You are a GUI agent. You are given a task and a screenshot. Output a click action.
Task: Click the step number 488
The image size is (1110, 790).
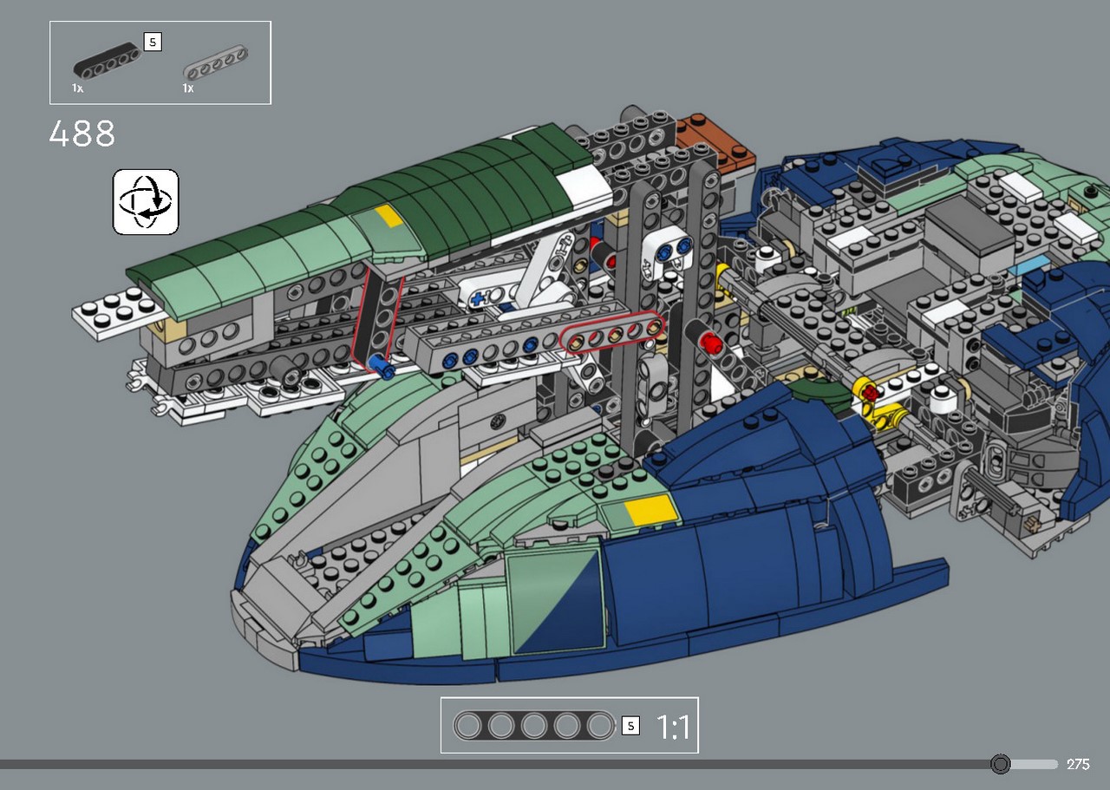tap(82, 134)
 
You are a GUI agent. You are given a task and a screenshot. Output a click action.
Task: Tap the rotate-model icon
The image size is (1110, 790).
tap(146, 202)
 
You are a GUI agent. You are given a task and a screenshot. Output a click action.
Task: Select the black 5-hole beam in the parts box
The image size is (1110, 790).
tap(107, 61)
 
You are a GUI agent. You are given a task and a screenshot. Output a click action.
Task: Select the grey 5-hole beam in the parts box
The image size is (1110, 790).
tap(216, 63)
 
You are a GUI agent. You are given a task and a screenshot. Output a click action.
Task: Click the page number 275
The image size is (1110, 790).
tap(1078, 764)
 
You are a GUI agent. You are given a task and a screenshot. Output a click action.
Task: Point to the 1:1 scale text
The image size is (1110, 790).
tap(673, 727)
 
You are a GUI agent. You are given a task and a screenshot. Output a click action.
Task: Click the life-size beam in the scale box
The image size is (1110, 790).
tap(533, 726)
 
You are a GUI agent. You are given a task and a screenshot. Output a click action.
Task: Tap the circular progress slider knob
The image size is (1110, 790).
tap(1000, 764)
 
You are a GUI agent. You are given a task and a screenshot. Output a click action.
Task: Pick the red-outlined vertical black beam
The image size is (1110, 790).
tap(378, 317)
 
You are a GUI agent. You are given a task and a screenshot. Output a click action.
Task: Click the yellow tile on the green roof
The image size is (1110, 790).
tap(389, 217)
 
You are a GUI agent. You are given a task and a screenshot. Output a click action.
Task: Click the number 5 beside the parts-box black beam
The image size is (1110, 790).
tap(153, 42)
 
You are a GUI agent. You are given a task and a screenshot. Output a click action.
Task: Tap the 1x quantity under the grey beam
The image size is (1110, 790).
tap(188, 88)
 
